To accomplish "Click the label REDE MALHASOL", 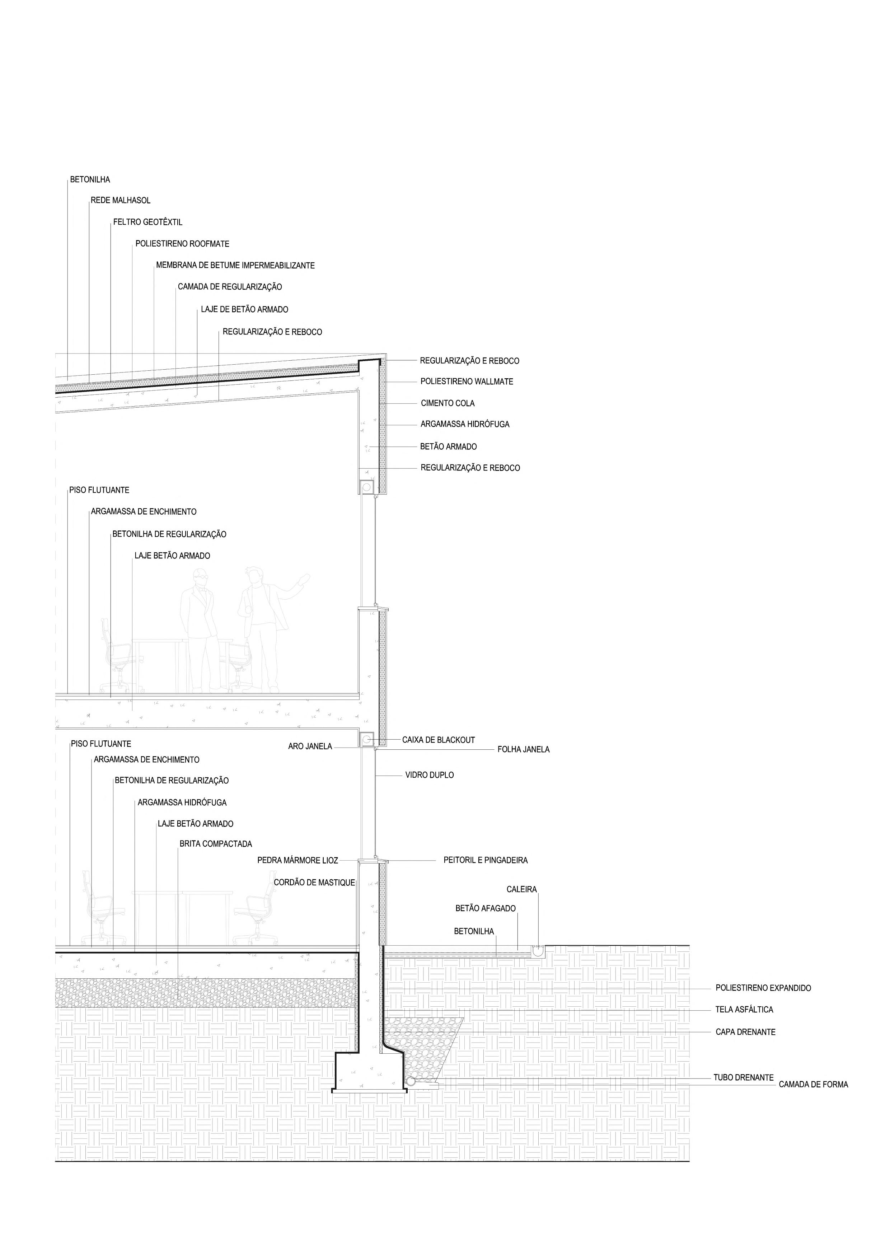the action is tap(120, 201).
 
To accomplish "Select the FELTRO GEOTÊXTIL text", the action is tap(147, 222).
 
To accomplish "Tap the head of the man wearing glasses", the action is tap(200, 578).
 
